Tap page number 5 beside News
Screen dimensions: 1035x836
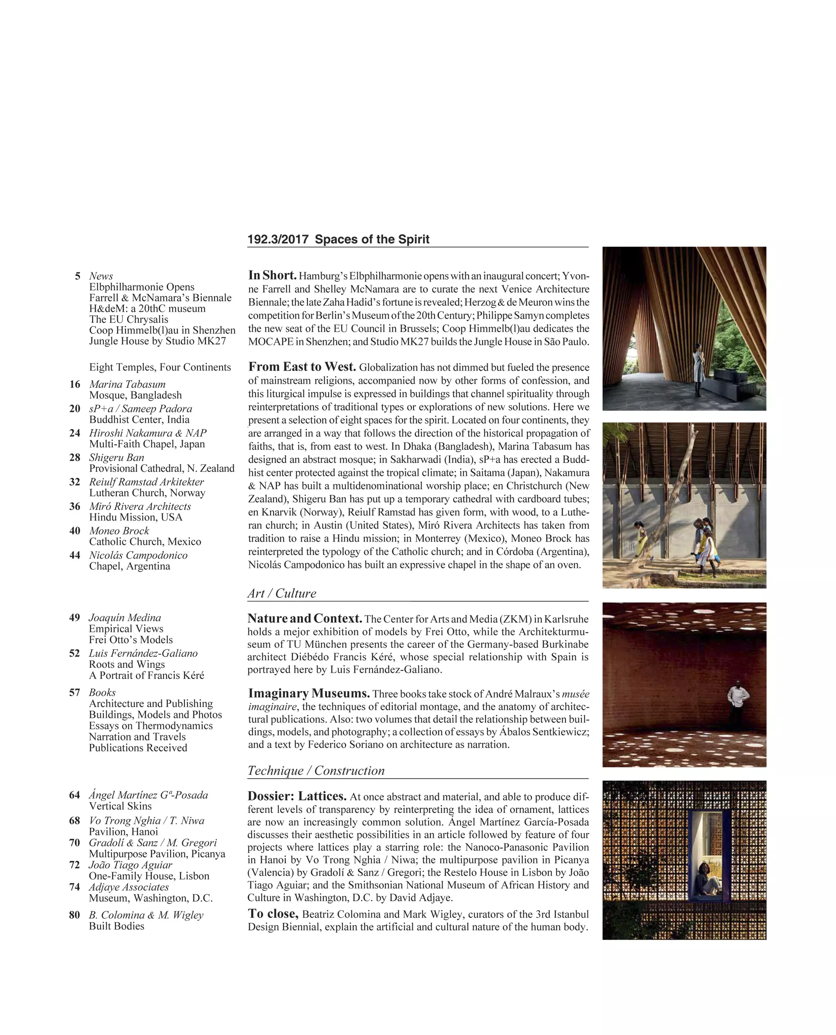tap(77, 276)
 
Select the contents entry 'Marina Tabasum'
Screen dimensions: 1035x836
tap(127, 384)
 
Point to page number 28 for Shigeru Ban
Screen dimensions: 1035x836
tap(75, 457)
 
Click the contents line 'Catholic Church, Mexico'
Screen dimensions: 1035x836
tap(145, 542)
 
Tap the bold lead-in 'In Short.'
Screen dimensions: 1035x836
tap(272, 276)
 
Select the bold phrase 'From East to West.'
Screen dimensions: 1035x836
tap(302, 367)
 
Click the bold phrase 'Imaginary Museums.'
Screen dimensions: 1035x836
tap(308, 693)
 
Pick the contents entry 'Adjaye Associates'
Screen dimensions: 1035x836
tap(129, 887)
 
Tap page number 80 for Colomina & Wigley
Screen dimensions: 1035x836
tap(75, 915)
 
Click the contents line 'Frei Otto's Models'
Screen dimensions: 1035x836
tap(130, 640)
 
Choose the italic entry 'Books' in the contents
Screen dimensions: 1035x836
tap(102, 693)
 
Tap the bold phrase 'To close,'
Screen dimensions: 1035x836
tap(273, 914)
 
